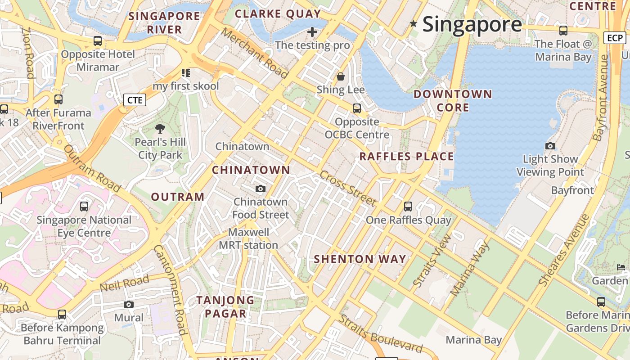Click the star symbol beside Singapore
tap(413, 23)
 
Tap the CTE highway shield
tap(135, 100)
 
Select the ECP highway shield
tap(614, 38)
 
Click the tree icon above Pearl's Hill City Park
tap(160, 129)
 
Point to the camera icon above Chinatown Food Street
tap(261, 189)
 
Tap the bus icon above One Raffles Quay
tap(408, 207)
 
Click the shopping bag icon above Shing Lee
tap(341, 76)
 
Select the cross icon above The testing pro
tap(312, 32)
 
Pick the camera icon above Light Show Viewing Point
tap(550, 146)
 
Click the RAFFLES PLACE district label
tap(406, 157)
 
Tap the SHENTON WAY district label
tap(360, 259)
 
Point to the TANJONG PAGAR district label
tap(225, 307)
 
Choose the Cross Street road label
tap(347, 188)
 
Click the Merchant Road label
tap(254, 53)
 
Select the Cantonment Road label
tap(170, 290)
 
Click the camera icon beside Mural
tap(129, 305)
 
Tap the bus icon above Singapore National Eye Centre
tap(84, 207)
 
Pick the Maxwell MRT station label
tap(248, 239)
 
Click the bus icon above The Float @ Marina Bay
tap(563, 31)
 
